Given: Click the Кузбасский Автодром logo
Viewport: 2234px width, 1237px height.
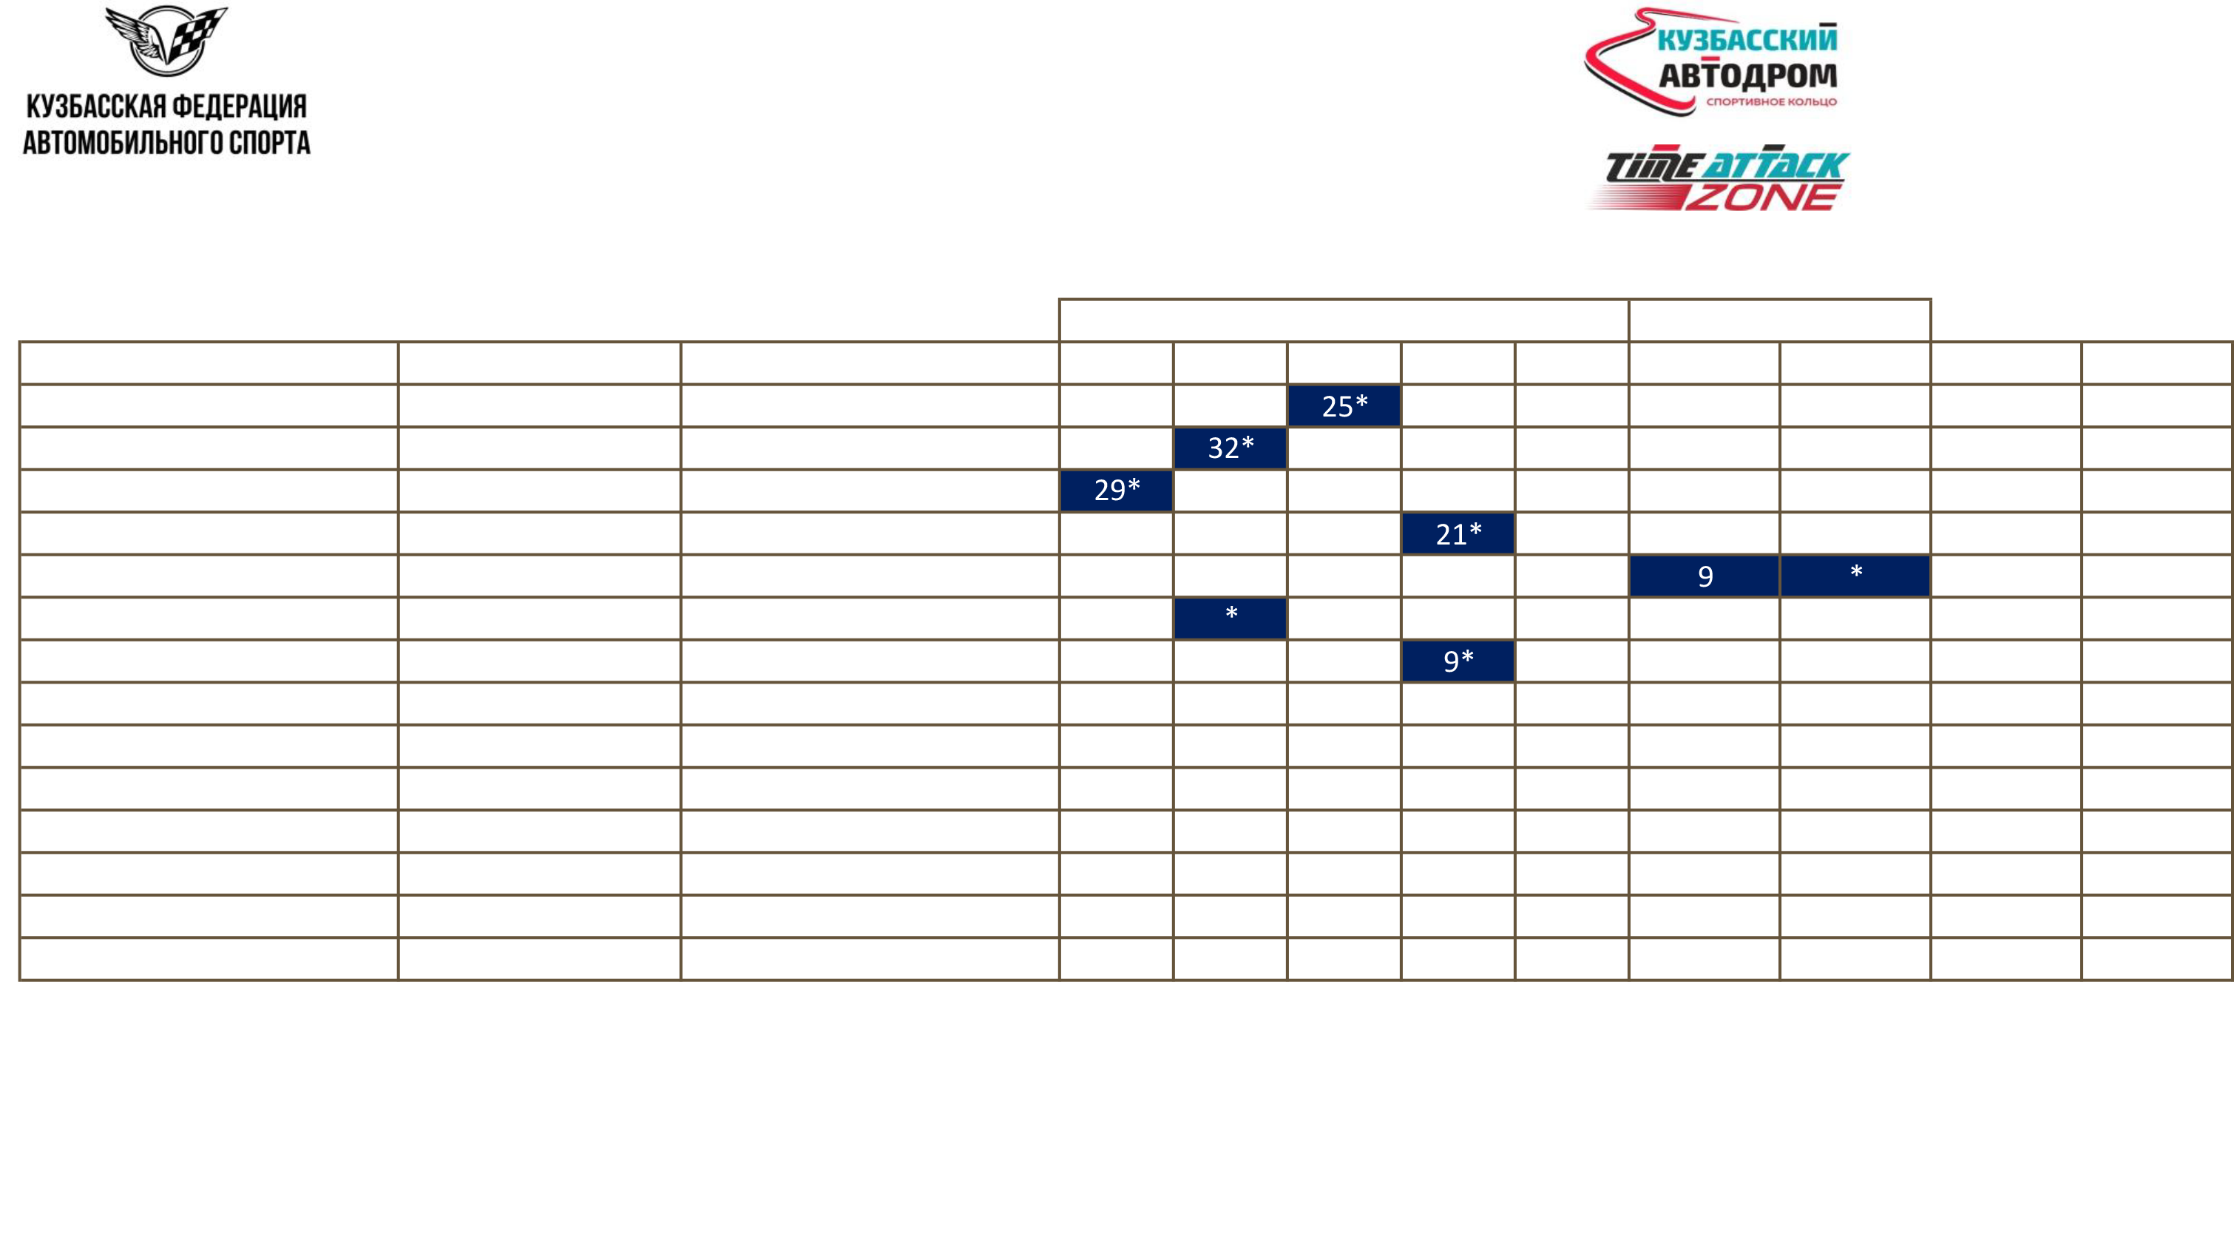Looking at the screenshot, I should tap(1710, 64).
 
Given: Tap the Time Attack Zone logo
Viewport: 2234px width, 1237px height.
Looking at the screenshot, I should tap(1716, 178).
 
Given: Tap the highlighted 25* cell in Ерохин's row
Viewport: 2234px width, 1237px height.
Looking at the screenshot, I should tap(1344, 406).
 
